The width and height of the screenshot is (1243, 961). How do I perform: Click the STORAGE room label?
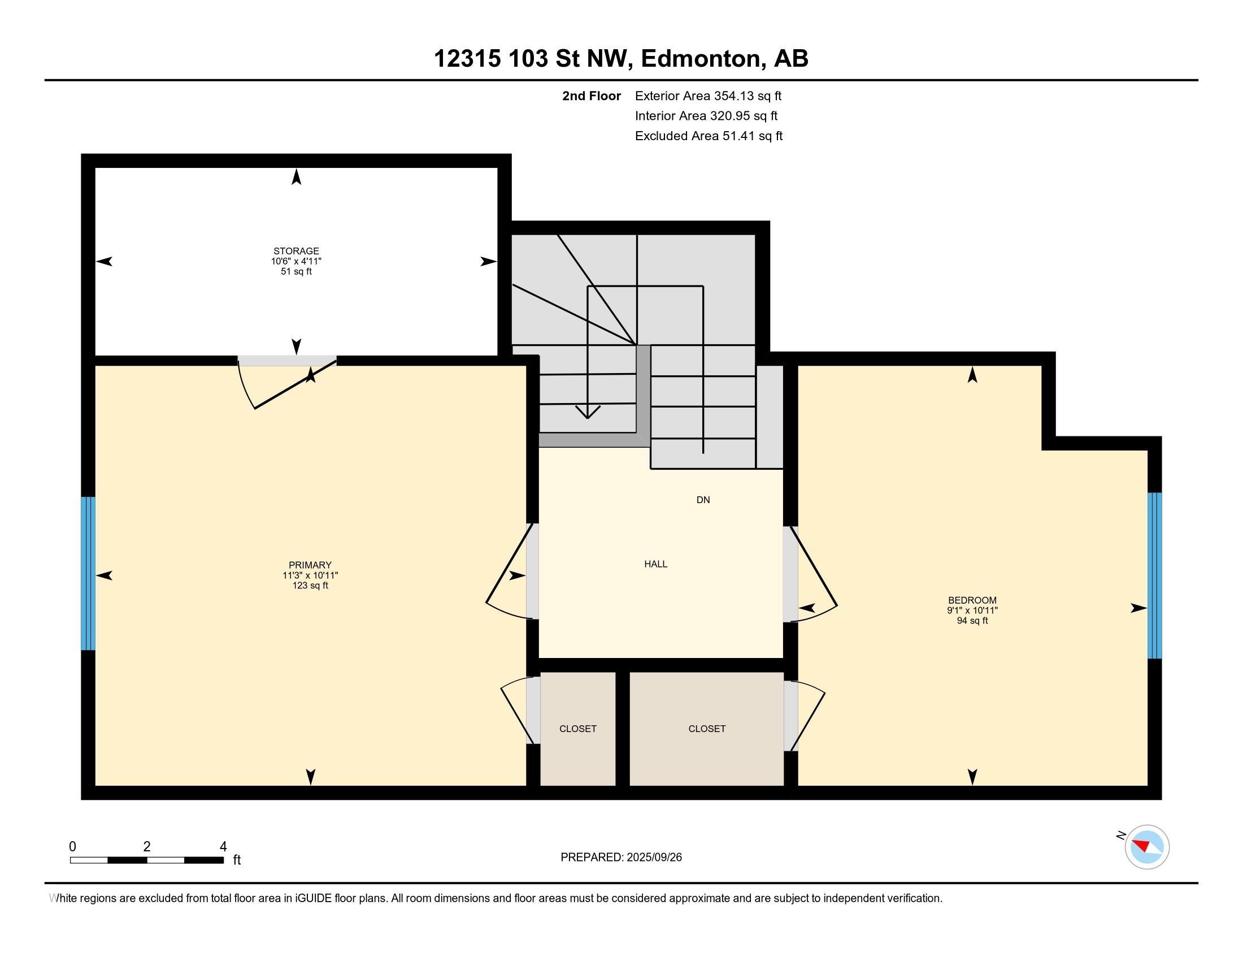(296, 251)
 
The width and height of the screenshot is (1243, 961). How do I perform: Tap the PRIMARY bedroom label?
(310, 565)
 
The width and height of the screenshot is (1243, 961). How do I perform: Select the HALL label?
(655, 564)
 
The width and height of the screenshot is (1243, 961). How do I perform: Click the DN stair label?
(703, 500)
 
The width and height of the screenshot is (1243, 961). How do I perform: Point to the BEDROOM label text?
(972, 600)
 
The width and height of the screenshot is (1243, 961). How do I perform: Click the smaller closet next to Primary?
(577, 729)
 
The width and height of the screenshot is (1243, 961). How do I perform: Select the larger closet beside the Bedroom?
(706, 729)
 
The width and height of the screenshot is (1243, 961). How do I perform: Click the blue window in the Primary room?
(88, 573)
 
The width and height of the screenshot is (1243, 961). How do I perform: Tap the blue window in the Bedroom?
(1154, 575)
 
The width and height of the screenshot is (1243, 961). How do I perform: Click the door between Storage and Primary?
(288, 361)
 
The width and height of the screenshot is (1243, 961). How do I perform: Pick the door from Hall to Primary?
(532, 571)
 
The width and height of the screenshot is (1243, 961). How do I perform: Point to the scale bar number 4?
(223, 846)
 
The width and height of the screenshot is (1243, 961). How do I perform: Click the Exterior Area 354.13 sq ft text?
(708, 96)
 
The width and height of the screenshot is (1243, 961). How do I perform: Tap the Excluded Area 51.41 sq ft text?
(709, 136)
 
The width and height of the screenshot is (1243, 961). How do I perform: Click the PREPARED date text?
(621, 857)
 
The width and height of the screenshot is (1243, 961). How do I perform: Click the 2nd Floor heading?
(592, 96)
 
